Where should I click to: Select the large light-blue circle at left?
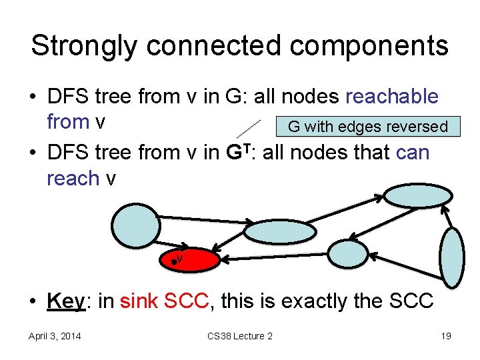point(136,225)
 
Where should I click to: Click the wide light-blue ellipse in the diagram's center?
point(280,231)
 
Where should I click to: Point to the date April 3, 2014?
point(55,336)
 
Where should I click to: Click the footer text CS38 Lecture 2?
point(240,336)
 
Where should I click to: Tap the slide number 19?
point(445,336)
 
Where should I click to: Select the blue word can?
point(413,152)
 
